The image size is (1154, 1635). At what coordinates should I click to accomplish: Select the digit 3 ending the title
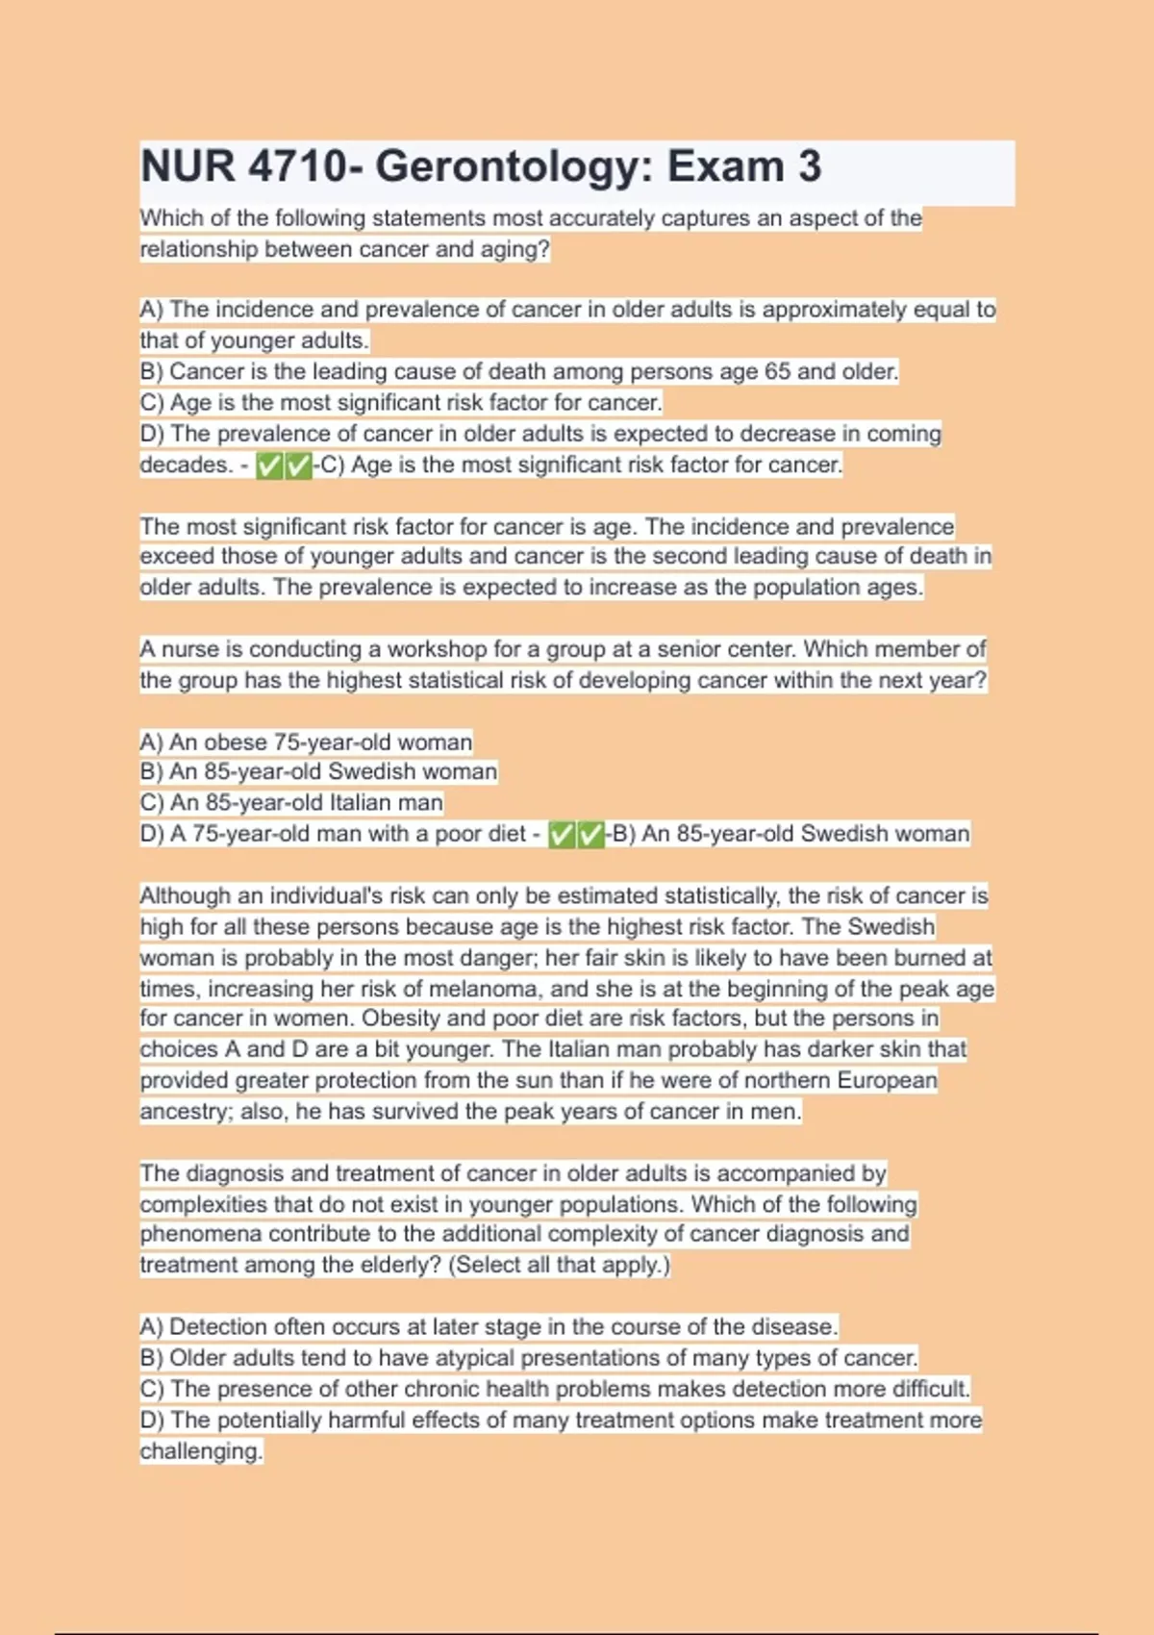(810, 166)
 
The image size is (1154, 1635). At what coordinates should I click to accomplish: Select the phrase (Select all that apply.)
(559, 1265)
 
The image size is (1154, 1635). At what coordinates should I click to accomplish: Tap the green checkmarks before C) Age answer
(285, 466)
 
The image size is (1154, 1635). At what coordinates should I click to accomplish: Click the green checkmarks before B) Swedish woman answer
(576, 835)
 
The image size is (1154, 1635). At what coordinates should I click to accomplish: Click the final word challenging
(201, 1451)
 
